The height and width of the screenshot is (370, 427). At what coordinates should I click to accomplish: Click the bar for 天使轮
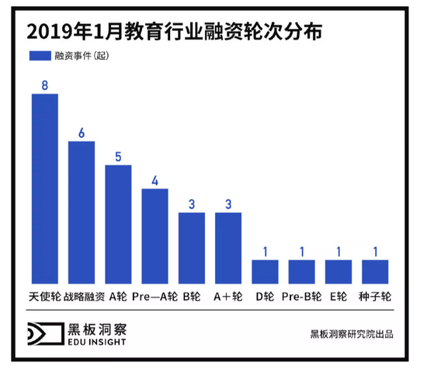pyautogui.click(x=44, y=189)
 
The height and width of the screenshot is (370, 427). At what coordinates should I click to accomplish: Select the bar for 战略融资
pyautogui.click(x=82, y=212)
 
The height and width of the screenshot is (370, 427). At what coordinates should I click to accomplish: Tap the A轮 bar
pyautogui.click(x=118, y=224)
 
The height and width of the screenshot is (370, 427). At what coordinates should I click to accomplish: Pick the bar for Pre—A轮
pyautogui.click(x=154, y=236)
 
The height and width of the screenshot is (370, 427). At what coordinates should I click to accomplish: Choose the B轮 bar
pyautogui.click(x=192, y=247)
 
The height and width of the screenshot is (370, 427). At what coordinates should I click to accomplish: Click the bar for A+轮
pyautogui.click(x=228, y=247)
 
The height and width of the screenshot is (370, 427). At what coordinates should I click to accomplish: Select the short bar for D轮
pyautogui.click(x=265, y=271)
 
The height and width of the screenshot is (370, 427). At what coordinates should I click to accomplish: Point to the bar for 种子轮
pyautogui.click(x=375, y=271)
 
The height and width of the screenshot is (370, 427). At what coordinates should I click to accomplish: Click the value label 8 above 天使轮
pyautogui.click(x=44, y=84)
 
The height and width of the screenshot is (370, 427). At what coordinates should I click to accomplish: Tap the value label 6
pyautogui.click(x=82, y=131)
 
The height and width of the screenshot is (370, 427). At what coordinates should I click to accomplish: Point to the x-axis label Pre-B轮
pyautogui.click(x=301, y=296)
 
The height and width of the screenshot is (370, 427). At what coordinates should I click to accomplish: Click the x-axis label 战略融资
pyautogui.click(x=82, y=296)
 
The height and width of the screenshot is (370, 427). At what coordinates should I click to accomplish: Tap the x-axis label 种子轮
pyautogui.click(x=375, y=296)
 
